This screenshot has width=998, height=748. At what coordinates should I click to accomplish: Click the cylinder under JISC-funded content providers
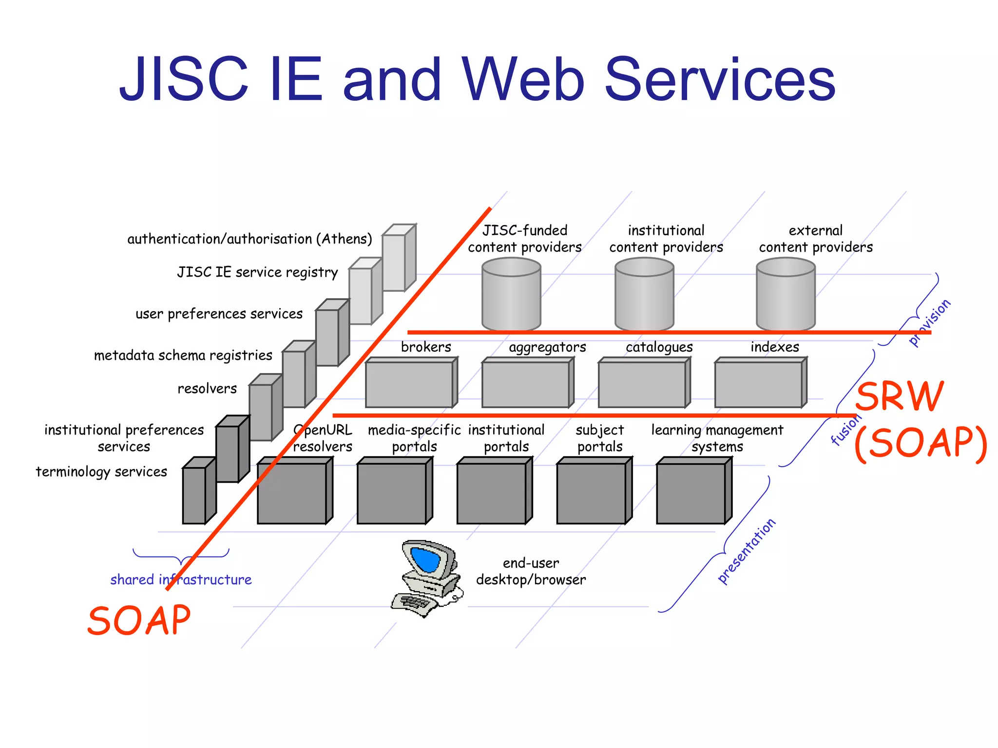511,295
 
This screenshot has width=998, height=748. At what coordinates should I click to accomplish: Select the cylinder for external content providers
786,295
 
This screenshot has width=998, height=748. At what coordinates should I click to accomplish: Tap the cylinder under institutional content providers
644,295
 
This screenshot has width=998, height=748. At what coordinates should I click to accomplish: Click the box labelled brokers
409,384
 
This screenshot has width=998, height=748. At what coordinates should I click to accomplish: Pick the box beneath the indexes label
758,384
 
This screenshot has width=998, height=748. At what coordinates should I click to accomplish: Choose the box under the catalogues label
642,384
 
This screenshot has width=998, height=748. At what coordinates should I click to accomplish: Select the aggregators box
525,384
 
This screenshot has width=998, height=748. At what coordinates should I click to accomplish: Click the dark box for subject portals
591,493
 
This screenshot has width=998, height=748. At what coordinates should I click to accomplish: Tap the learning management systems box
691,493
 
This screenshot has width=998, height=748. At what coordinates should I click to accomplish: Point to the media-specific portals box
392,493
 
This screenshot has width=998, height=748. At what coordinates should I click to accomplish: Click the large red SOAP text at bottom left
139,621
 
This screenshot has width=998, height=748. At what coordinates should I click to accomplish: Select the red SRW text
900,397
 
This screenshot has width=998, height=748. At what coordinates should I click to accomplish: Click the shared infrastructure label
181,580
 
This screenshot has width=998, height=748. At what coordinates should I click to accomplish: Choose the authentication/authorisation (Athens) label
249,239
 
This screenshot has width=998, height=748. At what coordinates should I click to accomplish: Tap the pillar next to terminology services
194,494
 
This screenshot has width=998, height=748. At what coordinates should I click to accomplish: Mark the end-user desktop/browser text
531,571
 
